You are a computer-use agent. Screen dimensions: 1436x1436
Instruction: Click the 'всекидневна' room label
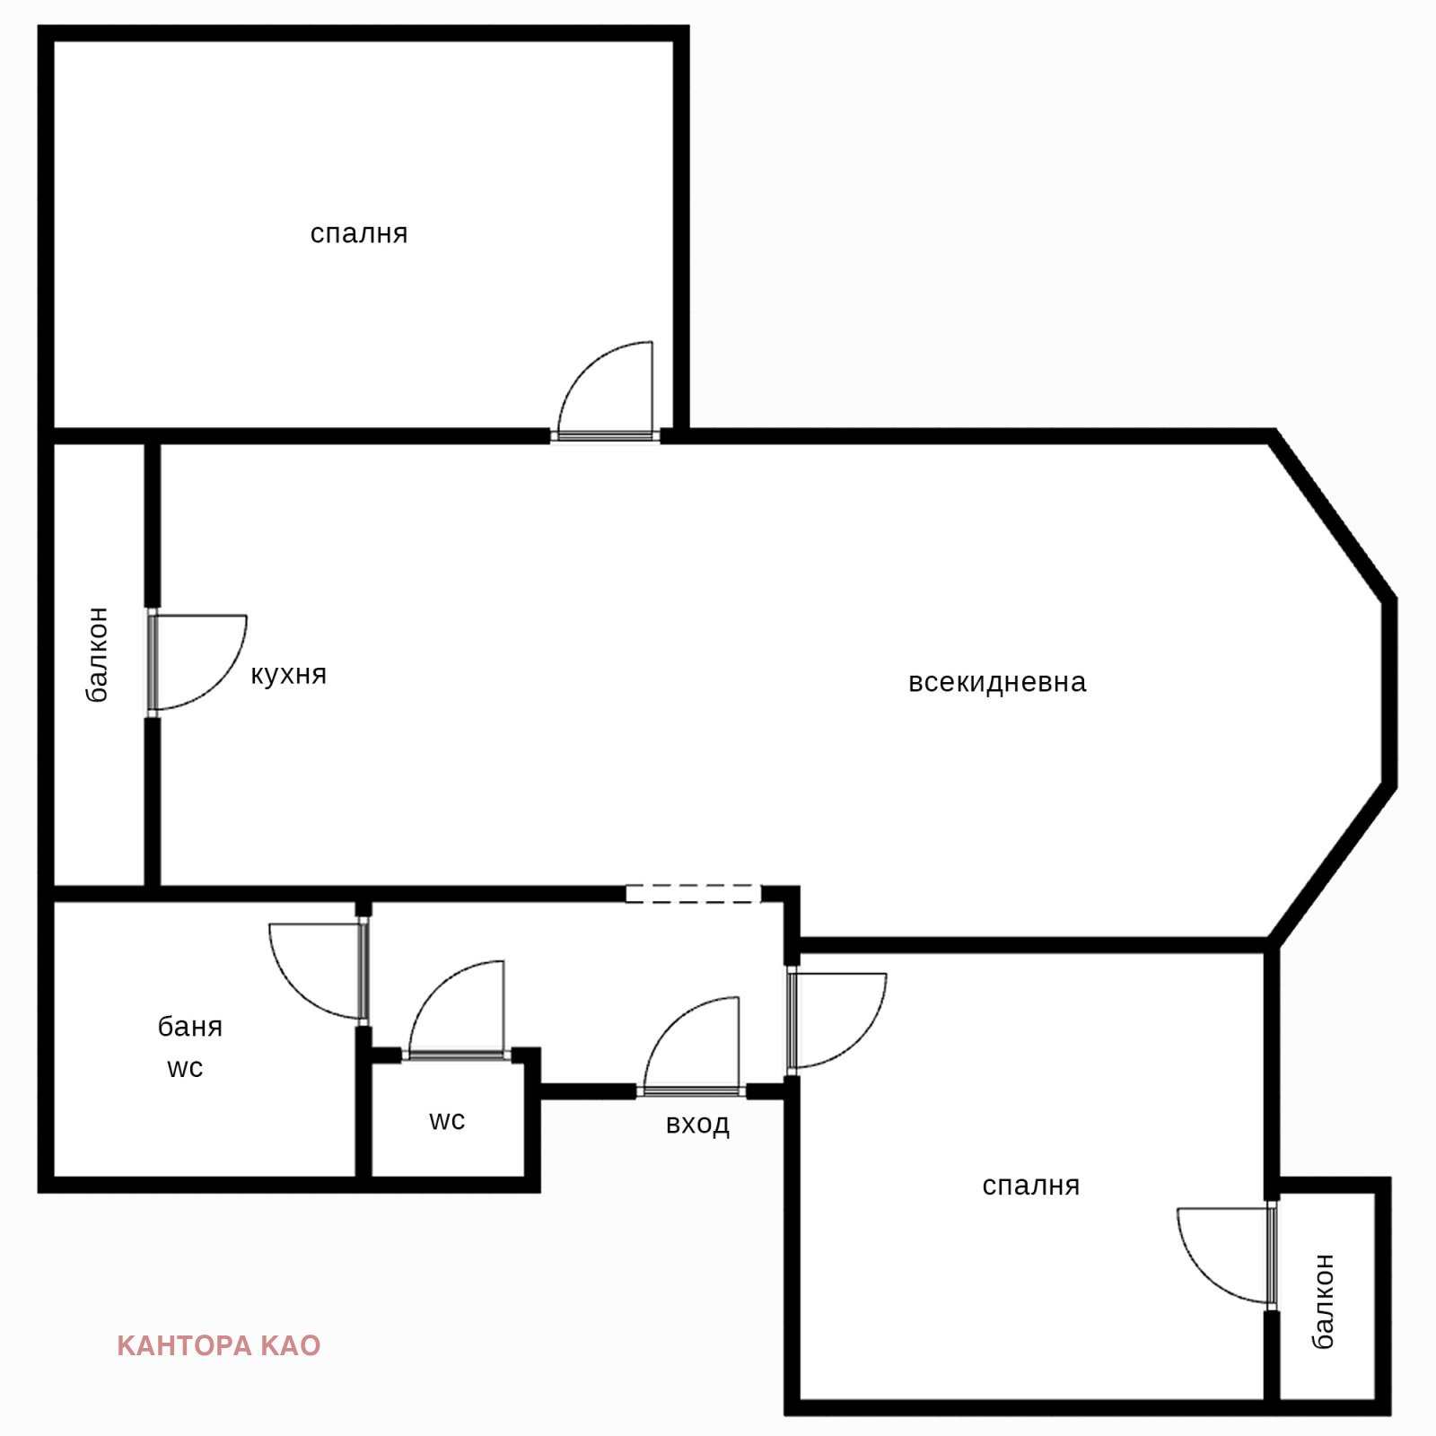[x=997, y=682]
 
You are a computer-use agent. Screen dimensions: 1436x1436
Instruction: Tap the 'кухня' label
[x=288, y=675]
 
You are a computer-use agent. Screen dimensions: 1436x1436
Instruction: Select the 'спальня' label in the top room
[x=359, y=233]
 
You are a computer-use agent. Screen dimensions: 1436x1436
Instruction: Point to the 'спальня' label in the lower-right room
[x=1030, y=1186]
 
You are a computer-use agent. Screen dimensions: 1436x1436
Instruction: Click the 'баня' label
[x=190, y=1027]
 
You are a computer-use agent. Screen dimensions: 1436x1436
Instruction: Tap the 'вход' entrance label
[x=697, y=1125]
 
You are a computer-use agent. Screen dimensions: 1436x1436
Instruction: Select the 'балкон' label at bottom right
[x=1323, y=1301]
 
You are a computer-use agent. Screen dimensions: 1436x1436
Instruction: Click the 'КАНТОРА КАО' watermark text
[x=219, y=1345]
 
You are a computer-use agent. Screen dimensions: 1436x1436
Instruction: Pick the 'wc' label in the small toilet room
[x=447, y=1121]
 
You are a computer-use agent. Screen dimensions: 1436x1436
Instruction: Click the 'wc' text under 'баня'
[x=185, y=1068]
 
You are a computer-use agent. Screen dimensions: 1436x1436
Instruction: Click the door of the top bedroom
[x=605, y=390]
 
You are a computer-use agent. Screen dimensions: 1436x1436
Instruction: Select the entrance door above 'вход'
[x=691, y=1046]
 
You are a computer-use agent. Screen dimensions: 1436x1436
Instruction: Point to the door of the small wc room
[x=457, y=1011]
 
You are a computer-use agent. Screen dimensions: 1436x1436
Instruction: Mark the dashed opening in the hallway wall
[x=693, y=894]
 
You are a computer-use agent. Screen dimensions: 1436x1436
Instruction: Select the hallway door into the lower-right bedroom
[x=836, y=1020]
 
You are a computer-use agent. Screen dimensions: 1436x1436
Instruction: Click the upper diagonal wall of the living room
[x=1334, y=517]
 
